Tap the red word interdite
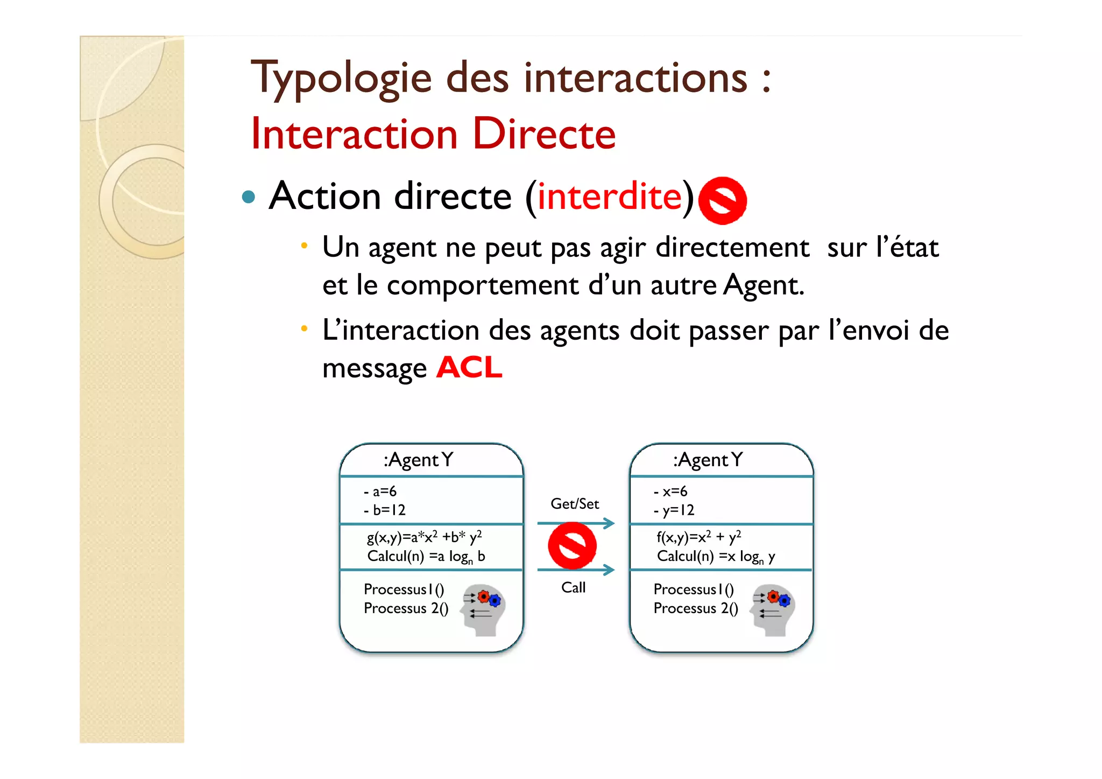tap(610, 196)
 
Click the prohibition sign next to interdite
tap(722, 200)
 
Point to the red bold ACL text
tap(469, 368)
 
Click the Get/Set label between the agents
tap(574, 504)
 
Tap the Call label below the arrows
tap(573, 587)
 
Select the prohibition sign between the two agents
tap(572, 546)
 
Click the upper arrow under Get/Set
tap(575, 523)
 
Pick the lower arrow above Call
tap(575, 570)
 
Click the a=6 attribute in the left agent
tap(380, 492)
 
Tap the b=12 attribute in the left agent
tap(385, 510)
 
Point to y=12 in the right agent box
tap(674, 510)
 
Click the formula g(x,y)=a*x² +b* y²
tap(424, 537)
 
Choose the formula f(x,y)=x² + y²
tap(698, 537)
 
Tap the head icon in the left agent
tap(484, 609)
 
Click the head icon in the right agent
tap(774, 609)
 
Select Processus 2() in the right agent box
tap(695, 608)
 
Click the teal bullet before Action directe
tap(248, 196)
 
